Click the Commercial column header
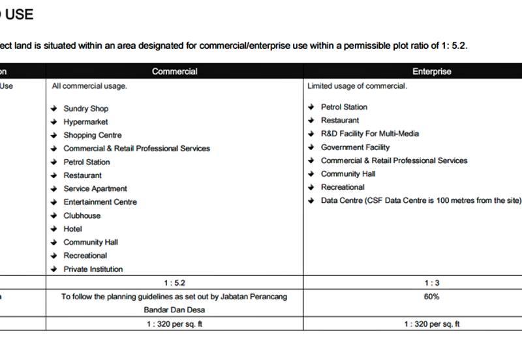(x=174, y=71)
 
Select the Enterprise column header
(x=431, y=71)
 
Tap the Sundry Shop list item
(x=85, y=108)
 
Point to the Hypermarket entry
(x=85, y=122)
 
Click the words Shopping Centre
(x=92, y=135)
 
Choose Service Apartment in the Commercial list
(x=95, y=188)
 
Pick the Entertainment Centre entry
(x=100, y=202)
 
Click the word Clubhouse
(x=82, y=215)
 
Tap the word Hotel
(x=72, y=229)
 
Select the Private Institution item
(x=93, y=269)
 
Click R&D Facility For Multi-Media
(x=369, y=134)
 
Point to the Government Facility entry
(x=355, y=147)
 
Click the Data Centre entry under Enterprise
(x=421, y=200)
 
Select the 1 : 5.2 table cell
(x=174, y=283)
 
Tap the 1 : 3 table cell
(x=431, y=283)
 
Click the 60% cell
(x=431, y=297)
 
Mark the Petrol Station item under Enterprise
(x=344, y=107)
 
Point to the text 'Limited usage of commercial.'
(x=357, y=86)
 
